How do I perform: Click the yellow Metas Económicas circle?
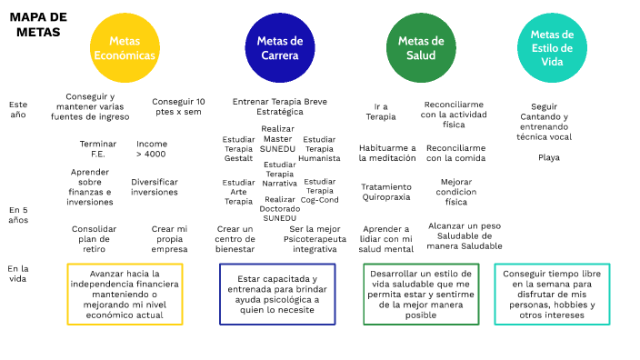125,47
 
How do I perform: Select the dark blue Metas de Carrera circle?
279,47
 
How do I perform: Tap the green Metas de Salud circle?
421,47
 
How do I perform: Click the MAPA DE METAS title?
38,25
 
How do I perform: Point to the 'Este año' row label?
18,109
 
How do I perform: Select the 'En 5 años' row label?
18,215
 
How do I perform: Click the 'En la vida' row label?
18,274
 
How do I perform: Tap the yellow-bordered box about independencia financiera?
125,294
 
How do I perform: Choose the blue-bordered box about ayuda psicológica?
277,294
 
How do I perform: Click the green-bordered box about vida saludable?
421,294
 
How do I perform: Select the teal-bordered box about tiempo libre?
552,294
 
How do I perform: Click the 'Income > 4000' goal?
151,148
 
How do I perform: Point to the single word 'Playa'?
549,157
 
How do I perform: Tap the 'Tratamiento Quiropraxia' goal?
385,191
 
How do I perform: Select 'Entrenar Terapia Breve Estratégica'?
280,106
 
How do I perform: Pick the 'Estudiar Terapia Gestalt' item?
238,148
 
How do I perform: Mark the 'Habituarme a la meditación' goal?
386,153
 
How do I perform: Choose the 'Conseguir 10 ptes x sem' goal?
178,106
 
